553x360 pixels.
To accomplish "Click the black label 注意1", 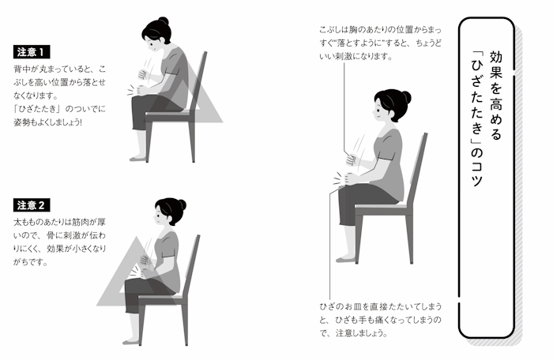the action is [32, 52].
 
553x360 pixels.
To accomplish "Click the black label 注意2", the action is [32, 204].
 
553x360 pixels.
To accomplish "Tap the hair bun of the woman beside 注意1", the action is [164, 21].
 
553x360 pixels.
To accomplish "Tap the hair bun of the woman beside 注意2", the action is [182, 204].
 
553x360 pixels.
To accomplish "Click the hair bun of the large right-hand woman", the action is [406, 97].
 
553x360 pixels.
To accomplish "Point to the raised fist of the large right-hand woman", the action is [351, 160].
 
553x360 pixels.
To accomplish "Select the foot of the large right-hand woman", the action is [346, 260].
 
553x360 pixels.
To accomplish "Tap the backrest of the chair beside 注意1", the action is [198, 84].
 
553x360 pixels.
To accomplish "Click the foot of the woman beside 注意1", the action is [138, 159].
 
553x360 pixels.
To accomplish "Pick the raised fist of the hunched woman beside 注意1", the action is [142, 74].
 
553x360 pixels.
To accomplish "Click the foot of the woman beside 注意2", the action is [131, 342].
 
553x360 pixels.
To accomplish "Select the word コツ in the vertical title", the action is [477, 174].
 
